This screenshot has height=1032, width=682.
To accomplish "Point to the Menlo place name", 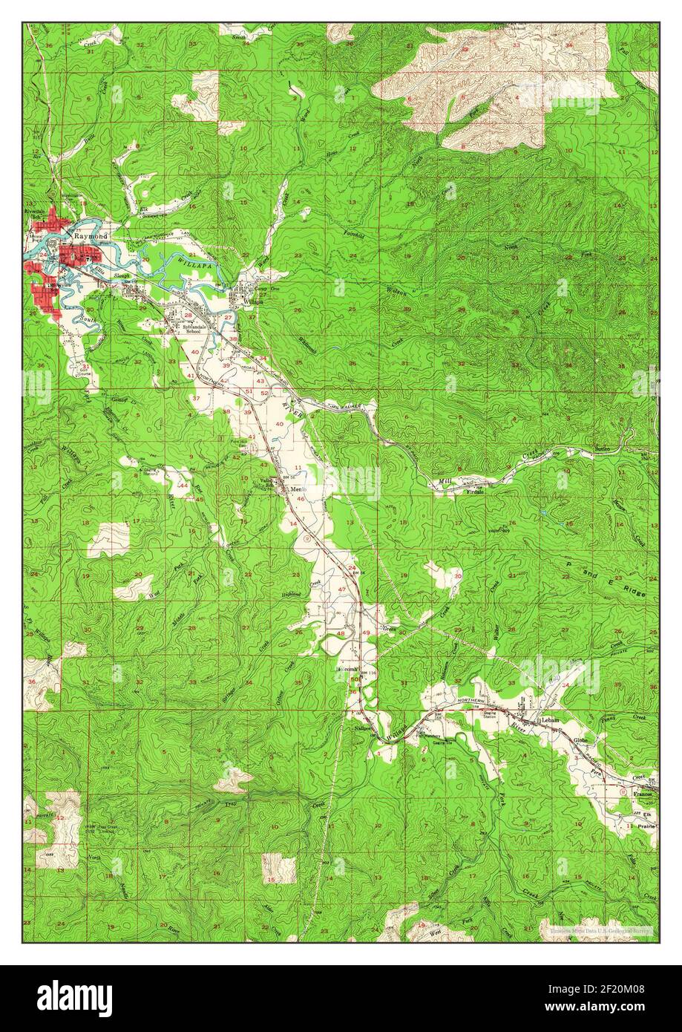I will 298,489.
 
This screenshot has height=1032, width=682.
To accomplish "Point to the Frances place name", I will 643,794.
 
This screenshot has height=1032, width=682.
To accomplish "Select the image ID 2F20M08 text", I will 620,989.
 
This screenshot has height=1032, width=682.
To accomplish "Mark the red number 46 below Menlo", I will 301,500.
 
